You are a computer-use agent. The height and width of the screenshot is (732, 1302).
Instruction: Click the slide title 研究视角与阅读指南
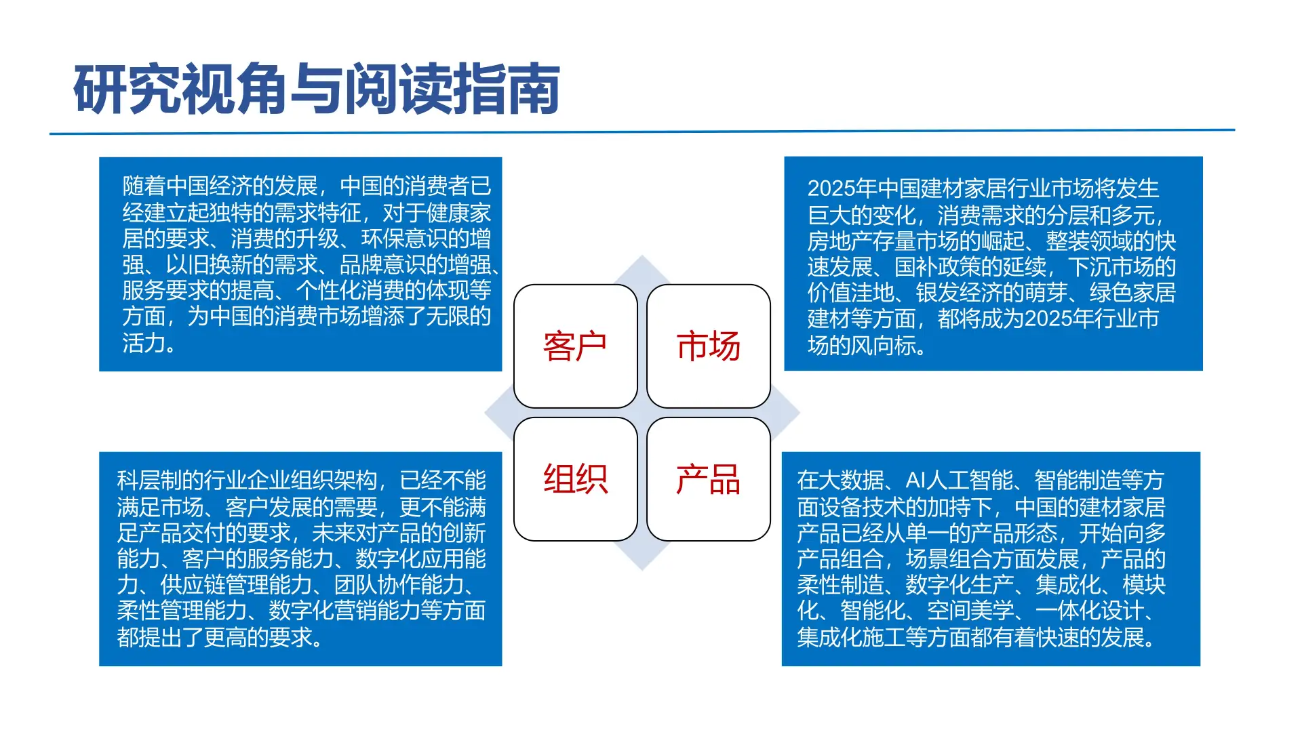(x=316, y=89)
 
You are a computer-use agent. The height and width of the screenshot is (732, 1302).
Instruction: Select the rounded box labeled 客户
(x=575, y=346)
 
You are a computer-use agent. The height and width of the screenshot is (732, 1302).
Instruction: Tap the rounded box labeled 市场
(x=708, y=346)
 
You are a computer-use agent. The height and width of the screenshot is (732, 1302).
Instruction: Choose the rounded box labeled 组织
(x=575, y=479)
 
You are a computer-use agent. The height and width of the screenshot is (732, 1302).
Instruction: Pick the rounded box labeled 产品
(x=708, y=479)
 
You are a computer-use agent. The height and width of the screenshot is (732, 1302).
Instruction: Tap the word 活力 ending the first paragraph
(x=144, y=343)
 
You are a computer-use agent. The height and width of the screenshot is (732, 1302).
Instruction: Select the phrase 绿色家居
(x=1132, y=293)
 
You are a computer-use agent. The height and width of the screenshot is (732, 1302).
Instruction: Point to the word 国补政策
(x=937, y=267)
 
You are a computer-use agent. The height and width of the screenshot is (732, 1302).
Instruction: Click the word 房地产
(x=840, y=241)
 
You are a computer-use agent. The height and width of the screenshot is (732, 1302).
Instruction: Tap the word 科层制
(x=149, y=481)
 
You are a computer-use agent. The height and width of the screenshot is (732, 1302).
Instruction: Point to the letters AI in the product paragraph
(x=915, y=481)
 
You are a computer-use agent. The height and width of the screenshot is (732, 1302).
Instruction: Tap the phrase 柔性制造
(x=840, y=585)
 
